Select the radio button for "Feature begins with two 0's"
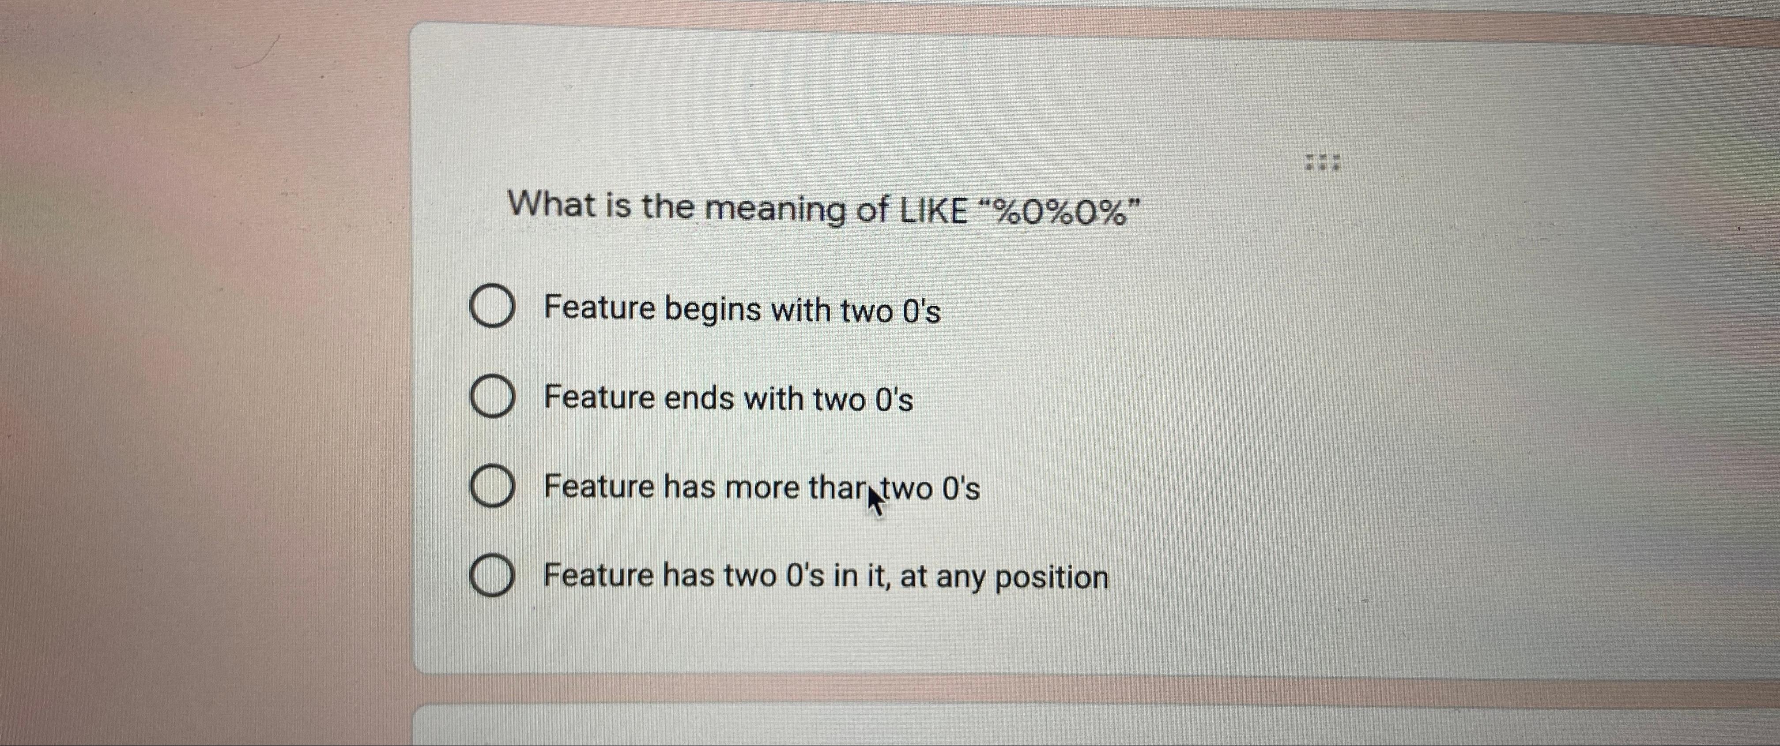click(492, 307)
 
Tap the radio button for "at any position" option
click(492, 576)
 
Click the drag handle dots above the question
click(1322, 163)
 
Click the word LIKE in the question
click(934, 209)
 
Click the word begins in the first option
click(713, 310)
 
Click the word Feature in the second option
click(598, 398)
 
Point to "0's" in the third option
click(961, 489)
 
